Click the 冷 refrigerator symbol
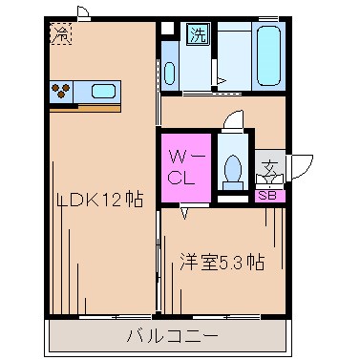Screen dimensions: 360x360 [x=60, y=33]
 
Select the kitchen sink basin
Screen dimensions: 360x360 [x=102, y=92]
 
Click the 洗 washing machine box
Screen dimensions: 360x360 [x=196, y=37]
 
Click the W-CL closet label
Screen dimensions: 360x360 [x=184, y=166]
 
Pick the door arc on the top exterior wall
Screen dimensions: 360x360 [x=84, y=12]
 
